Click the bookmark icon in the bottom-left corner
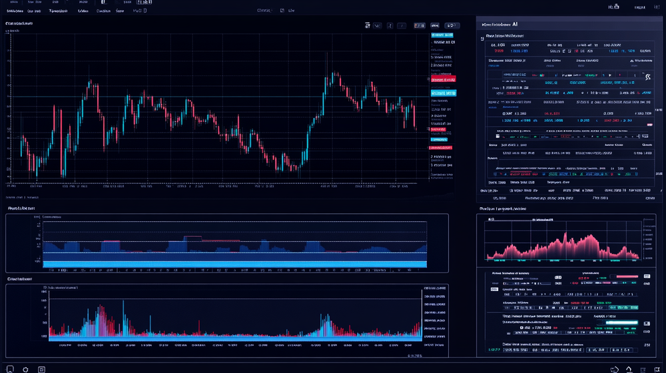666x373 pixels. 10,368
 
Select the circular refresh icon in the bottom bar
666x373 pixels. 25,368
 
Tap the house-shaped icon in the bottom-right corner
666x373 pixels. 629,368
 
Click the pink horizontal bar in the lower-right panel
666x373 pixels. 626,276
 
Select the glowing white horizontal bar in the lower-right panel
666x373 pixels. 621,322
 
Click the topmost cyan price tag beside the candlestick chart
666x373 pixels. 444,35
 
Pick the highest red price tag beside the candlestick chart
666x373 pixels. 444,79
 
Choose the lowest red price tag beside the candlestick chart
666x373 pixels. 440,147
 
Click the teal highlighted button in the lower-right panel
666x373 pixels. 626,308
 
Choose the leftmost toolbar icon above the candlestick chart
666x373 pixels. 368,26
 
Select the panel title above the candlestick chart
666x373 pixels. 19,24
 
